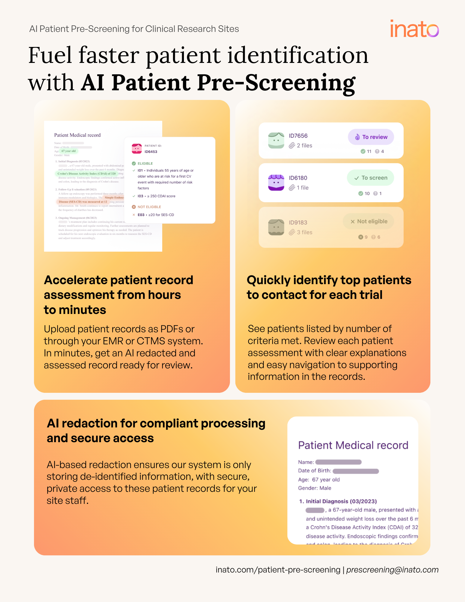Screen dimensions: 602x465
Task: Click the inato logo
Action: pos(414,29)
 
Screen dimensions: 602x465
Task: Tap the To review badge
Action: pos(371,137)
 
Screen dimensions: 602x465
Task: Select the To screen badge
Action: pos(370,178)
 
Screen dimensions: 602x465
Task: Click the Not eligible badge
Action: pos(368,222)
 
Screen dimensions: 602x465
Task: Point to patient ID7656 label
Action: pos(298,136)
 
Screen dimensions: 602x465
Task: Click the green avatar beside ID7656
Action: pos(276,141)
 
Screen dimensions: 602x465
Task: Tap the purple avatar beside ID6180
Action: pos(276,182)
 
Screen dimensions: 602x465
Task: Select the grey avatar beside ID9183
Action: pos(276,227)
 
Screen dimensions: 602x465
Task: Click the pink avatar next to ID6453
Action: pos(137,148)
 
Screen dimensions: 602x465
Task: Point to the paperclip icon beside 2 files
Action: pos(292,146)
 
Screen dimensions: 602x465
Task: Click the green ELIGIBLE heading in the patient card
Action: pos(145,163)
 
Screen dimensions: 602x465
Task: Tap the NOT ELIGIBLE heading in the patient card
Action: pos(149,207)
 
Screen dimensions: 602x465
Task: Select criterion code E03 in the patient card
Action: pos(141,215)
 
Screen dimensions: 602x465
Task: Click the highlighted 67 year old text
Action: pos(69,151)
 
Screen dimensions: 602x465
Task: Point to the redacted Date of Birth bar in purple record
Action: pos(355,471)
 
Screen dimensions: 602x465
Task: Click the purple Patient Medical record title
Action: pos(353,445)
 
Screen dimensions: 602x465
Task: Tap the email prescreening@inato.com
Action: pos(392,570)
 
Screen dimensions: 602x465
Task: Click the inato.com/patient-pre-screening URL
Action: pos(278,570)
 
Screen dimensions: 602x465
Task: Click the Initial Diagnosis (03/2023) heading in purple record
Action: pos(341,501)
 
